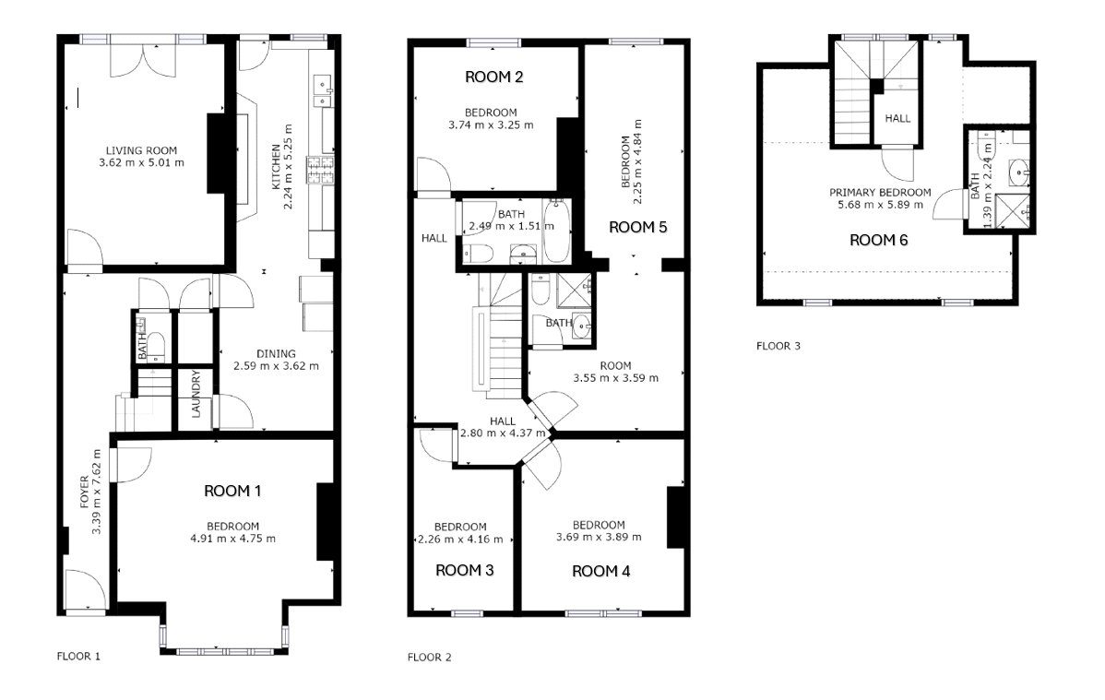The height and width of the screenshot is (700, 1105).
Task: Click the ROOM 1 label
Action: pos(232,491)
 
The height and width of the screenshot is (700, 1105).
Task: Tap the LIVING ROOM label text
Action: pos(142,150)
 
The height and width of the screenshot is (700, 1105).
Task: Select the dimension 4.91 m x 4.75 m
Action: pos(233,539)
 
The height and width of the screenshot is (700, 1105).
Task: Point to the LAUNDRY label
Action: pos(196,394)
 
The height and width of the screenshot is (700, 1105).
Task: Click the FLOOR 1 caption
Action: pos(78,657)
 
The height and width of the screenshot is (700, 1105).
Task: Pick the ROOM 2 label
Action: pos(494,77)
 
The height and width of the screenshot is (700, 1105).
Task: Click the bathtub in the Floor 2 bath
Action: pos(556,231)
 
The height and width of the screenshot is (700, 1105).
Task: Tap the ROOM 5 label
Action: pos(637,227)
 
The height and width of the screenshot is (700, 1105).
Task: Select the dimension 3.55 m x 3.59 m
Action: pos(616,378)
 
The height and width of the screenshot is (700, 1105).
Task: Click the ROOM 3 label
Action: pos(464,570)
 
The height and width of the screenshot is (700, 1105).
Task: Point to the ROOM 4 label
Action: pos(601,571)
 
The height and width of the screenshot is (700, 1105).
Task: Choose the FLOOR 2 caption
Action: pos(429,658)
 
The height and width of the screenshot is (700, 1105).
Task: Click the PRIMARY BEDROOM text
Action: pos(880,193)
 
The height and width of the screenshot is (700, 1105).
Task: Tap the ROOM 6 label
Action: pos(879,241)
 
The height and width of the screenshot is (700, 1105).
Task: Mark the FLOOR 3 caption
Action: pos(778,346)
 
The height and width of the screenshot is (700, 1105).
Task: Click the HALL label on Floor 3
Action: pos(897,118)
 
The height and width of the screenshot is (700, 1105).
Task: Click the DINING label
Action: pos(277,354)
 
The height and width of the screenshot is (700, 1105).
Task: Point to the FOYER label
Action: pos(85,492)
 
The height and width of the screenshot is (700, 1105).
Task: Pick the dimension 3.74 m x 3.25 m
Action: pos(492,125)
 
